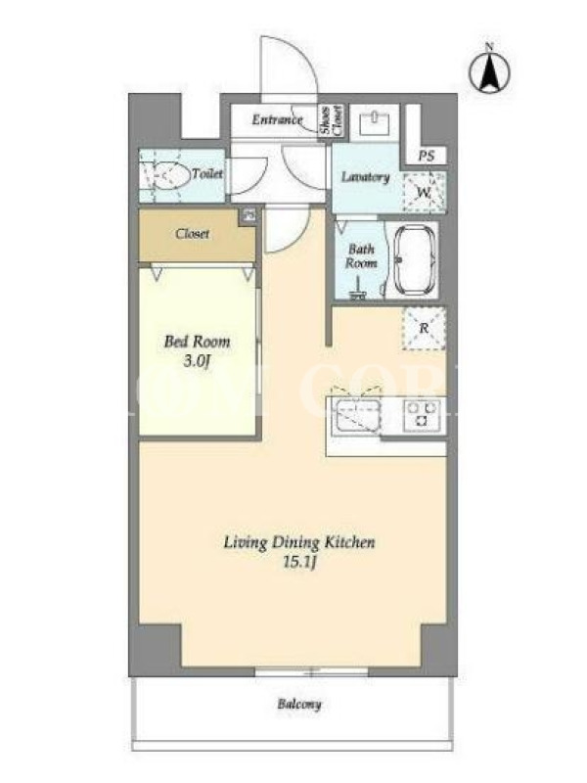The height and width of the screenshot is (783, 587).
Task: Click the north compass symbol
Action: tap(490, 69)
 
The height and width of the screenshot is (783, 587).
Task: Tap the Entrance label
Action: tap(277, 119)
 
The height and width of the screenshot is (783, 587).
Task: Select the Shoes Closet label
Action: tap(332, 120)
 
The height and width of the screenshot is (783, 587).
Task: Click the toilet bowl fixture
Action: tap(163, 175)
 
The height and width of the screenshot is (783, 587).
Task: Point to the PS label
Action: tap(426, 156)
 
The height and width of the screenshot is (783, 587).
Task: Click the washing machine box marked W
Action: tap(425, 192)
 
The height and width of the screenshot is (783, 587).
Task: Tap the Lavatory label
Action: tap(365, 177)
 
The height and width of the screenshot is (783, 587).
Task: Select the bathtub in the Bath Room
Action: tap(415, 260)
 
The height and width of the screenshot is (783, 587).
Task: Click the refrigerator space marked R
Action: tap(424, 328)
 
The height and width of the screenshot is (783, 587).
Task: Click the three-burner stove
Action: tap(423, 414)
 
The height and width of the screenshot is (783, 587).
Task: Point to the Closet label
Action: tap(192, 234)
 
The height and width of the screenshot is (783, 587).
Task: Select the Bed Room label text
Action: tap(198, 342)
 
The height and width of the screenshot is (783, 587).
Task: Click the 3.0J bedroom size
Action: tap(197, 361)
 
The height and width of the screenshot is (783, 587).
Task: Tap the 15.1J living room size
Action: tap(299, 563)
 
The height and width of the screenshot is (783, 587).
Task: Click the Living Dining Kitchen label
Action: tap(299, 542)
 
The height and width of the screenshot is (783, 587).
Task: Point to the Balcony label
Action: tap(299, 704)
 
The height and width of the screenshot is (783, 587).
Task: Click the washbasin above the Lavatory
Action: tap(374, 121)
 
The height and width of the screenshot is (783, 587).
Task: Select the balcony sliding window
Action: tap(311, 671)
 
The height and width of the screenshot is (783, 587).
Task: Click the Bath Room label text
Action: tap(361, 255)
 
